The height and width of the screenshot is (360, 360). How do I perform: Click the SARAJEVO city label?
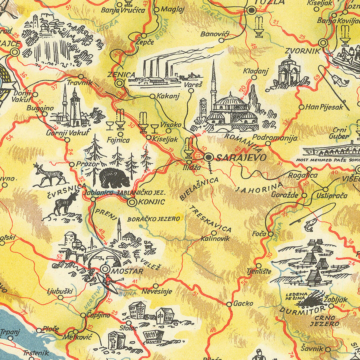coord(240,158)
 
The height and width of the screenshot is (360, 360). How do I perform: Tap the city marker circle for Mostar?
coord(105,269)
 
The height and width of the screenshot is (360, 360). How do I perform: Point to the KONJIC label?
coord(151,202)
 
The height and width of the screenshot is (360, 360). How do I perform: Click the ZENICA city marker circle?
coord(120,83)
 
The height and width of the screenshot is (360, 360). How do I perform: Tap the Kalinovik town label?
coord(216,239)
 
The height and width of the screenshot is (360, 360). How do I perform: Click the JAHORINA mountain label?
coord(259,187)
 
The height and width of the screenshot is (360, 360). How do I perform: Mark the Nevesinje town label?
coord(157,292)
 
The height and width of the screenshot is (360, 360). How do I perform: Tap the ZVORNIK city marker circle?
coord(323,43)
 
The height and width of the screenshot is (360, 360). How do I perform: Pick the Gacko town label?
coord(243,304)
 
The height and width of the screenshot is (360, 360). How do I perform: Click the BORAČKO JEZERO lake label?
coord(154,219)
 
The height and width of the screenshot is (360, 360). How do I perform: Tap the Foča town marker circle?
coord(270,234)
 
